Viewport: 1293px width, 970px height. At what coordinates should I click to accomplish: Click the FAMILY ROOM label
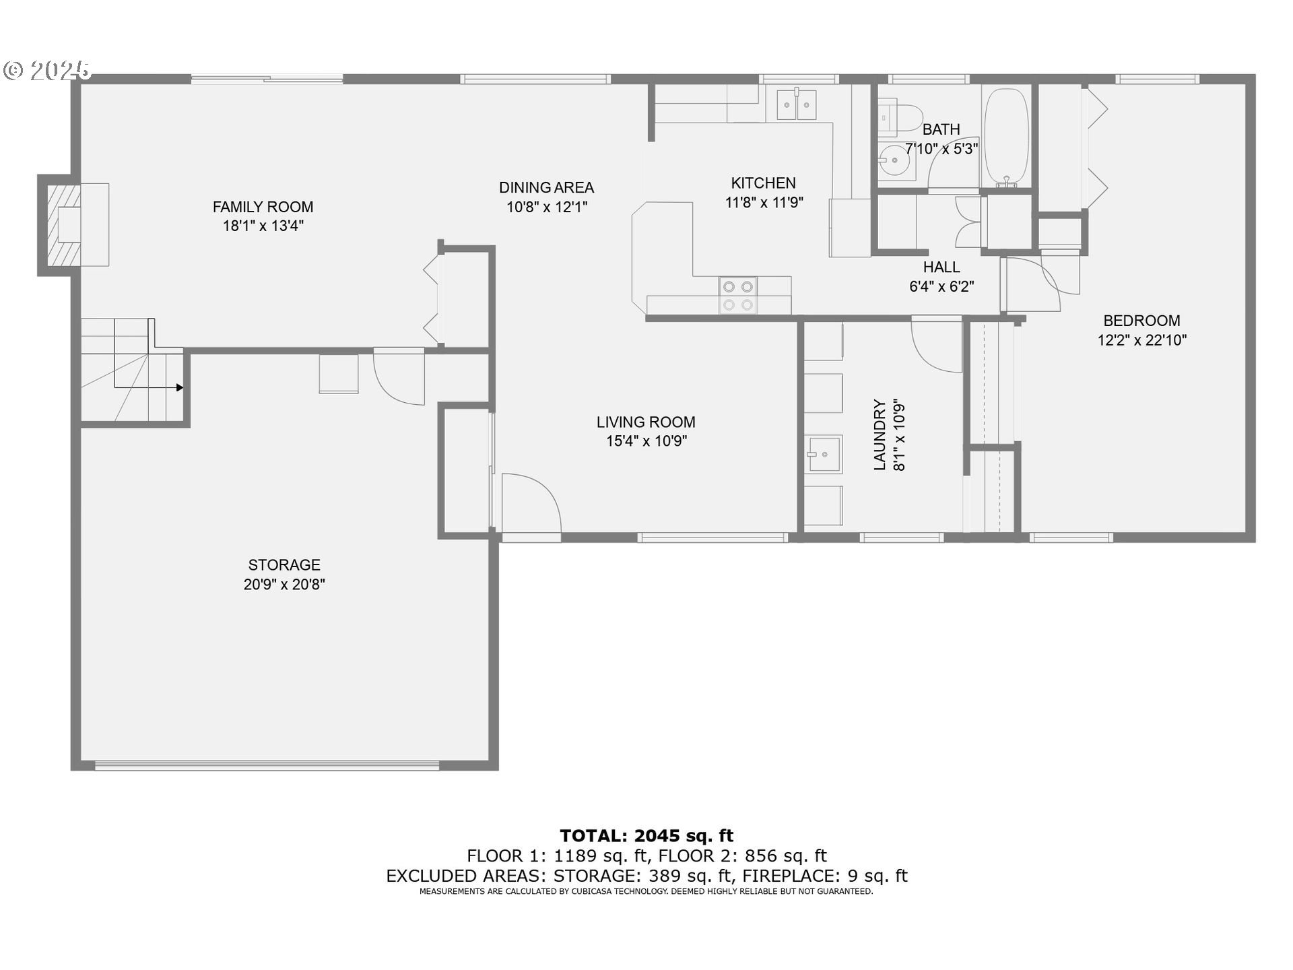click(263, 207)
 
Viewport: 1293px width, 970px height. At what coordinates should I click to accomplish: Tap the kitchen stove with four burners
click(737, 296)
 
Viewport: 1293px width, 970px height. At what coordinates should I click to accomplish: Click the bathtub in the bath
click(1006, 137)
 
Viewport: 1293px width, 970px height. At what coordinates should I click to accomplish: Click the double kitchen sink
click(797, 104)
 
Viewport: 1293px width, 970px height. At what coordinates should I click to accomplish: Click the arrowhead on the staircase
click(179, 387)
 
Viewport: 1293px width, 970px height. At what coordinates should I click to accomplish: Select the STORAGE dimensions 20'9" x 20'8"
click(284, 584)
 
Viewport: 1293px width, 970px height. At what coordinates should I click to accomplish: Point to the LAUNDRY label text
click(880, 434)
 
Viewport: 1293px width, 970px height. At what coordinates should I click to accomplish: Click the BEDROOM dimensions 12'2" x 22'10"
click(1141, 340)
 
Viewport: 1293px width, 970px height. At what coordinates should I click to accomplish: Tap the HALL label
click(941, 267)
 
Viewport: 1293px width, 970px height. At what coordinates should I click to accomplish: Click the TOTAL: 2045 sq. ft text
click(646, 835)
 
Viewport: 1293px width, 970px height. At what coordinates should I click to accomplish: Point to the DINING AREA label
click(546, 187)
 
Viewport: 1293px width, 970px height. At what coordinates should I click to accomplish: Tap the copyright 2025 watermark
click(47, 69)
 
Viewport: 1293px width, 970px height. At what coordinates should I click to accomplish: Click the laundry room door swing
click(936, 344)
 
